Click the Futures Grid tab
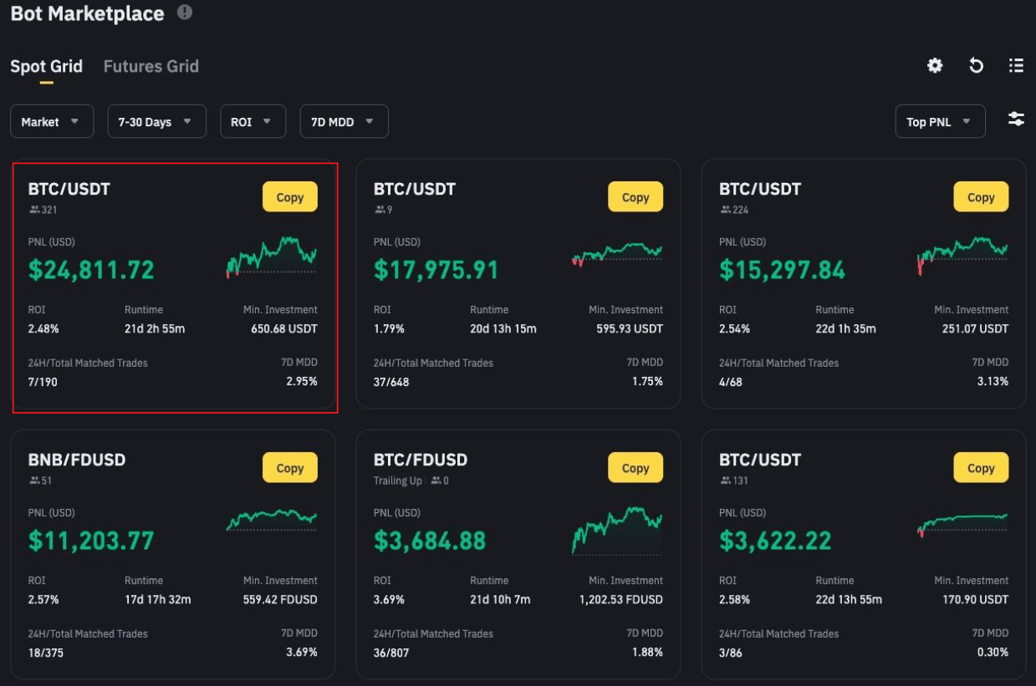pos(151,66)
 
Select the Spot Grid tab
pos(46,66)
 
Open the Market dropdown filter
pos(51,122)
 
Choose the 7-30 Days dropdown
pos(156,122)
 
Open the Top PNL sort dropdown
pos(939,122)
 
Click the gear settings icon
pos(935,66)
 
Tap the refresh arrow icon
pos(976,66)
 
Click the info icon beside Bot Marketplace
pos(185,13)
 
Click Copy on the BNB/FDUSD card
pos(289,468)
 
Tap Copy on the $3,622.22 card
pos(980,468)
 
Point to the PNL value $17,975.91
pos(436,270)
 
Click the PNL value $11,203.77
pos(91,541)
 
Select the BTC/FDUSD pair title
pos(420,460)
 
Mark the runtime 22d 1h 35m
pos(845,328)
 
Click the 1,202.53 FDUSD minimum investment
pos(620,599)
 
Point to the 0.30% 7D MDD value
pos(993,652)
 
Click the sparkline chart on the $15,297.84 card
pos(962,254)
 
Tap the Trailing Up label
pos(397,480)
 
